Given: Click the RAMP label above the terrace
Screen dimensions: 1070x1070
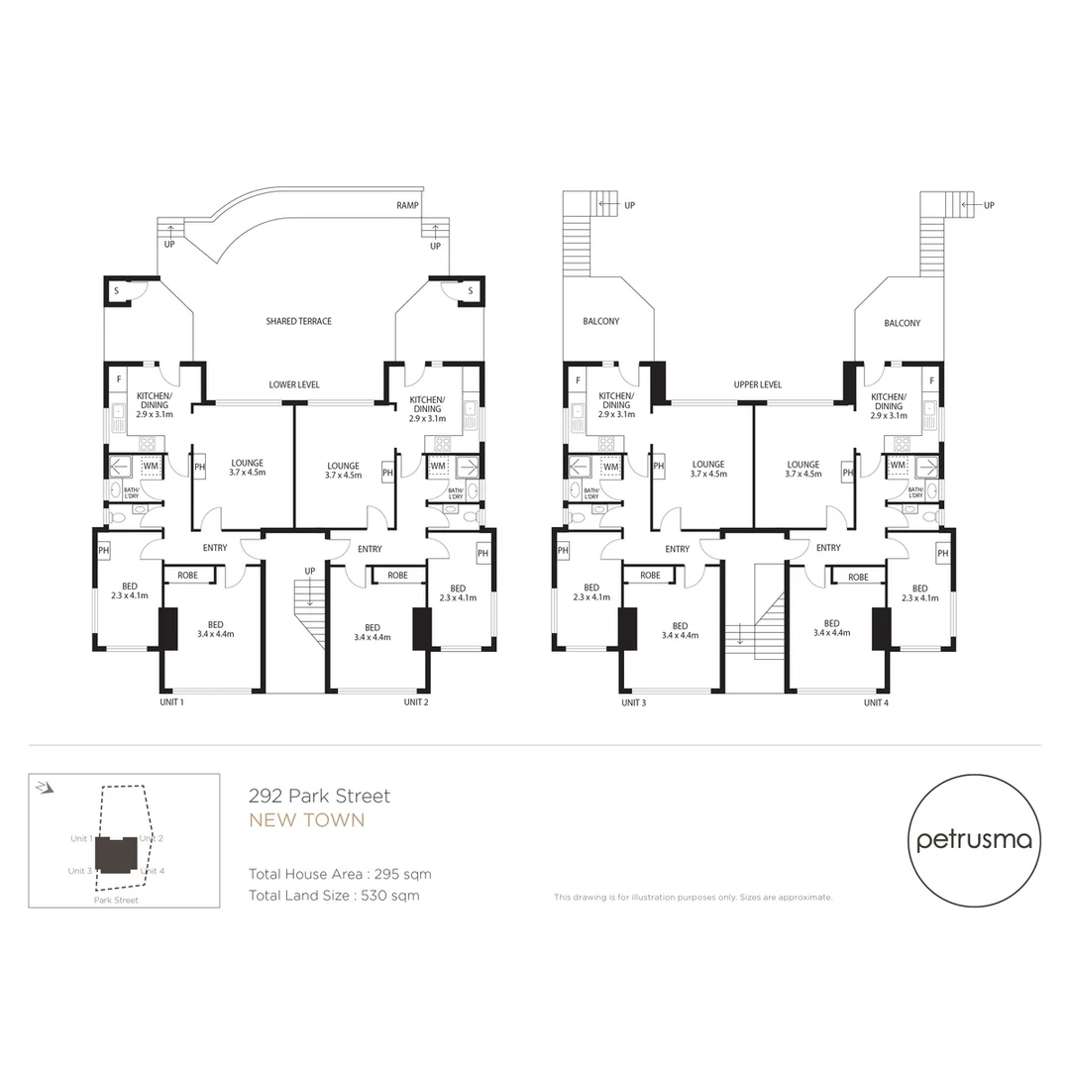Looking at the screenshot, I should (x=407, y=206).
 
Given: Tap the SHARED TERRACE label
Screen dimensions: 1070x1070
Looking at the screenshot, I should (x=298, y=321).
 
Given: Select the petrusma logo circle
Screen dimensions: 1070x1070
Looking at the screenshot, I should (x=974, y=840).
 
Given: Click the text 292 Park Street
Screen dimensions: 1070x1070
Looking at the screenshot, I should (x=319, y=796).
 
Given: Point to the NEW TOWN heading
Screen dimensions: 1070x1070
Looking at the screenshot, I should (x=306, y=820).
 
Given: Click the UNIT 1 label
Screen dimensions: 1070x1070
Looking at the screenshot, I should (x=170, y=702).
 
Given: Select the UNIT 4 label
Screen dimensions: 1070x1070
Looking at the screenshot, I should (x=875, y=702).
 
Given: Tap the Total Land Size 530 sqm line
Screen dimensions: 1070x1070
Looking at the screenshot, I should (x=334, y=896).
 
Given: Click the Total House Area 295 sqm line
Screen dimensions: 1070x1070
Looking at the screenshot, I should (x=340, y=874).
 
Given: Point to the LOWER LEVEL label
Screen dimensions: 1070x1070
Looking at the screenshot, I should (x=294, y=384).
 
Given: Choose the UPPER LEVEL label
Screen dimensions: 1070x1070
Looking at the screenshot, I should (x=758, y=384).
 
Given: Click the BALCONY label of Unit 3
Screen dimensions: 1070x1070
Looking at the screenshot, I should (x=600, y=321).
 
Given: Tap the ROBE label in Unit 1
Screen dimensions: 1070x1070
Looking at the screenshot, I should (x=187, y=576).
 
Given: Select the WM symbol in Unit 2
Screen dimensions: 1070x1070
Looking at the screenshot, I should (x=437, y=466).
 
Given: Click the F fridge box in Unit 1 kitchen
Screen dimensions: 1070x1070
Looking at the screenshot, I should (x=119, y=379).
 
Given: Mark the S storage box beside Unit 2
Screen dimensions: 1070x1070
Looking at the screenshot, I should (x=470, y=290).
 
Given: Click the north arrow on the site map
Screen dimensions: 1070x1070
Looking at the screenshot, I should (x=43, y=788).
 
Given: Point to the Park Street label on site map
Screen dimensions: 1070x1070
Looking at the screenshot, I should (x=116, y=901).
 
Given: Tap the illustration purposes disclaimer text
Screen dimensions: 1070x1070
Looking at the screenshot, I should (x=693, y=898).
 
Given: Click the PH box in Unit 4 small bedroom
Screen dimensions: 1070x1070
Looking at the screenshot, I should (x=942, y=553).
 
